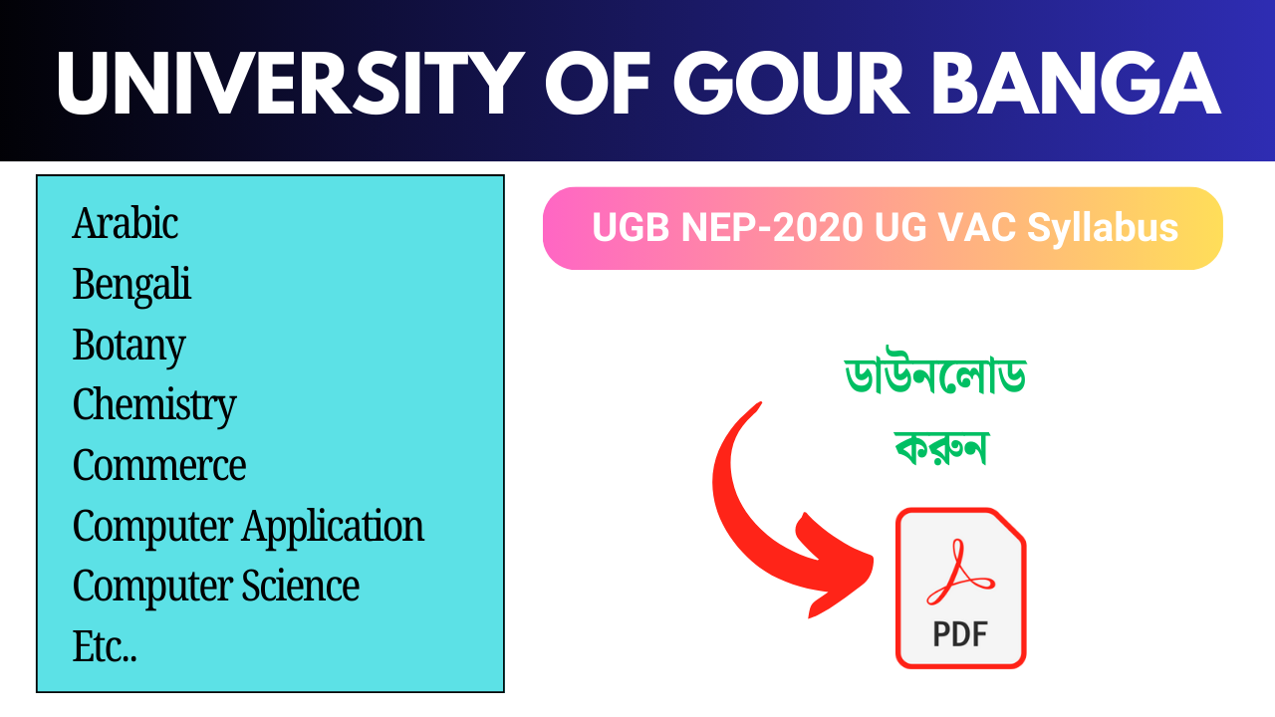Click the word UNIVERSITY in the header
click(290, 84)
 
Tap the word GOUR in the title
click(792, 84)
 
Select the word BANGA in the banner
click(1077, 84)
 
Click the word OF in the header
click(599, 84)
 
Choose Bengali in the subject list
click(131, 285)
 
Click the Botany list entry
click(129, 346)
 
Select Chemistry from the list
click(154, 405)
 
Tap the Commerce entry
click(159, 465)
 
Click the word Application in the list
click(333, 527)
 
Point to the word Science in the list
click(301, 586)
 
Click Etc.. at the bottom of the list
click(105, 647)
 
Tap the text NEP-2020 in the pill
click(772, 228)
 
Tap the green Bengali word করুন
click(940, 447)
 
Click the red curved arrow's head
click(837, 569)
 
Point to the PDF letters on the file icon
click(960, 634)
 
